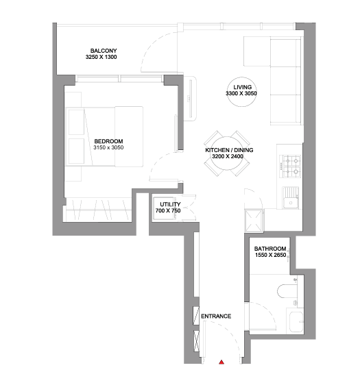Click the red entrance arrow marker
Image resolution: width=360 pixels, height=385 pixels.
coord(221,362)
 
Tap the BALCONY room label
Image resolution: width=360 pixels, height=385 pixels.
coord(104,51)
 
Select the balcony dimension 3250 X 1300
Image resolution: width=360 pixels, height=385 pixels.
coord(101,57)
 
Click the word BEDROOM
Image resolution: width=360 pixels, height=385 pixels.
coord(108,141)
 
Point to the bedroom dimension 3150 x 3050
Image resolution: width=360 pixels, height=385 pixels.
coord(108,147)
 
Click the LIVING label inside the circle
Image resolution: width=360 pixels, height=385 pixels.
coord(243,87)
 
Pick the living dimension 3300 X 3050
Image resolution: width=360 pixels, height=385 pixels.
coord(241,93)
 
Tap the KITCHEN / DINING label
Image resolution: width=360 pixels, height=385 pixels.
coord(229,150)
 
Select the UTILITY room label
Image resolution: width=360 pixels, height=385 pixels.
coord(170,205)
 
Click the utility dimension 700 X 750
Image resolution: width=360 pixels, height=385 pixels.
coord(168,211)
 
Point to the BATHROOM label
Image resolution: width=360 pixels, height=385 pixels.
coord(270,249)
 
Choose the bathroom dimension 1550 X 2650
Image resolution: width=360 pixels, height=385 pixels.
coord(271,255)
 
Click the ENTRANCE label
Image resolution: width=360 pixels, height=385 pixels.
coord(216,316)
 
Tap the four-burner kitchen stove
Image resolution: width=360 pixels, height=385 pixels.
coord(291,166)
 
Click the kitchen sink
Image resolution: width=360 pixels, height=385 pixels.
coord(291,198)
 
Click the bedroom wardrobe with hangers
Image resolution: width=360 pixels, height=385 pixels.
coord(97,210)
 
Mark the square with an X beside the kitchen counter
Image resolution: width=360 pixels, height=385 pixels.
coord(254,221)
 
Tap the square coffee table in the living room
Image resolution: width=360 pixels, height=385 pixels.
coord(257,51)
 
